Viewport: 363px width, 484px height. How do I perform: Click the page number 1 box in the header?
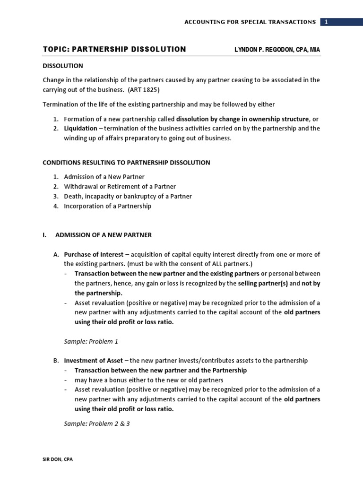pos(326,22)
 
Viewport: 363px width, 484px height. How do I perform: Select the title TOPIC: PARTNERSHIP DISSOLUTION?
pos(114,49)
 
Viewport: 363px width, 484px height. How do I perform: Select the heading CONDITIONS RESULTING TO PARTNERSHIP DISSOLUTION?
pos(126,163)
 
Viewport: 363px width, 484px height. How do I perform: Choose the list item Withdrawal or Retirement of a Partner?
pos(120,187)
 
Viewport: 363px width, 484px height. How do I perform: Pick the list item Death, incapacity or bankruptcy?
pos(128,196)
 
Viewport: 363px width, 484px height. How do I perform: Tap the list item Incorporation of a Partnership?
pos(108,206)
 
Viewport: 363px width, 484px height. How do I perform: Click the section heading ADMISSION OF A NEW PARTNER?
pos(104,234)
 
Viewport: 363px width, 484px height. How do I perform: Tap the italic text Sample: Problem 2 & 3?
pos(96,424)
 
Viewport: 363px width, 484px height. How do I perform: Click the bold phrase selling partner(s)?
pos(262,284)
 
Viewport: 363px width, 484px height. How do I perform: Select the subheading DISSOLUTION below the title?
pos(62,66)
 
